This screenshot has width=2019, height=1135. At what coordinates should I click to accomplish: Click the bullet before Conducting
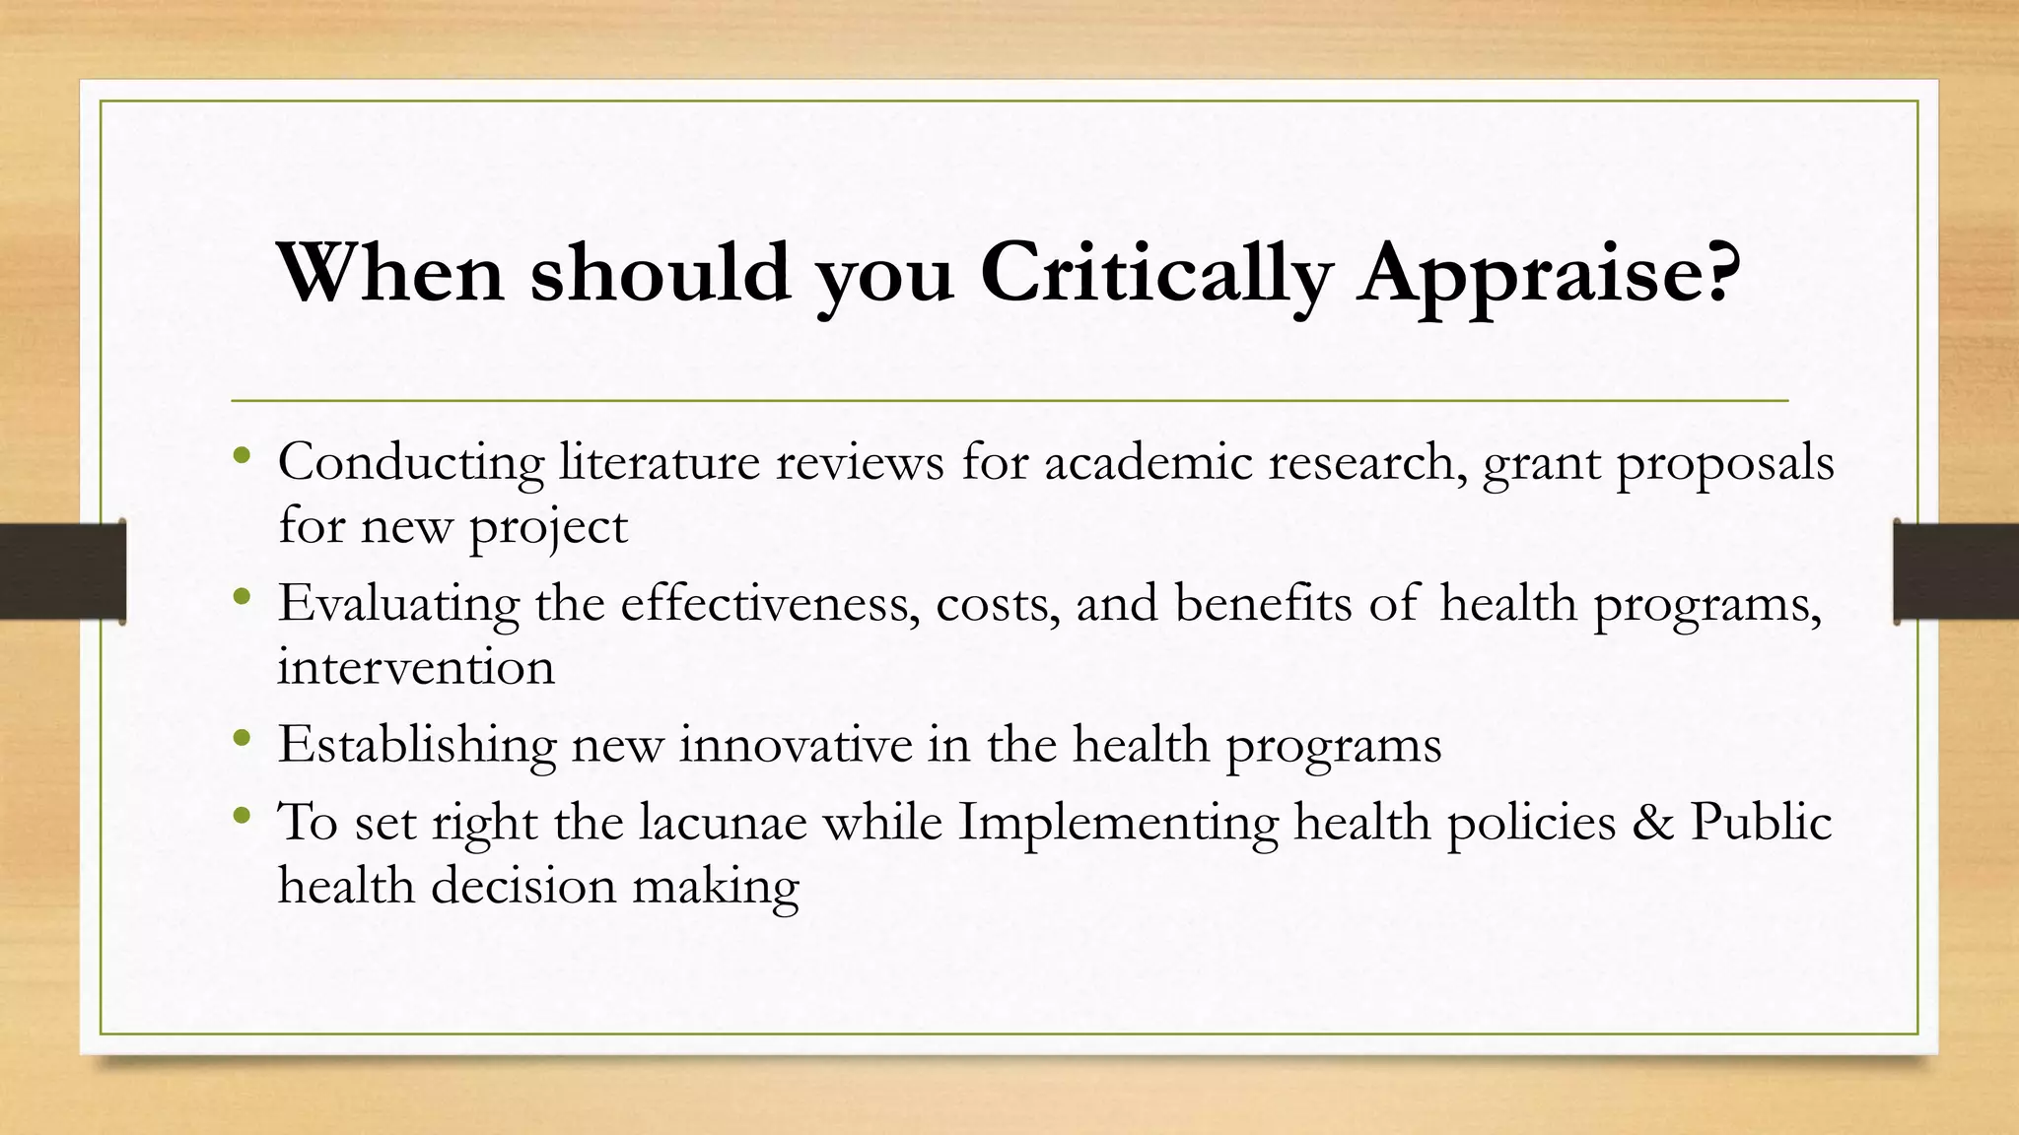(243, 455)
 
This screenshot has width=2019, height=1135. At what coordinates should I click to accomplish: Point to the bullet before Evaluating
(243, 596)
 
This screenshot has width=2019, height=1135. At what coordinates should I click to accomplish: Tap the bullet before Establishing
(243, 737)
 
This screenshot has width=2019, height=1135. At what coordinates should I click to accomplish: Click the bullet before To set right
(243, 815)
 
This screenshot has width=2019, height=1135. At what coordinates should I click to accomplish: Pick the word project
(547, 528)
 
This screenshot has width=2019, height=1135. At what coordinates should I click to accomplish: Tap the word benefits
(1263, 603)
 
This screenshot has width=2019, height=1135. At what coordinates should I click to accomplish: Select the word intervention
(415, 667)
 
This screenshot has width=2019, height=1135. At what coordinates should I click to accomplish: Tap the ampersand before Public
(1653, 822)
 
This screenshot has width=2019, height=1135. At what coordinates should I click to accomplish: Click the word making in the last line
(715, 887)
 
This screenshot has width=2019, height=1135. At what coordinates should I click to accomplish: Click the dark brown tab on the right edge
(1956, 571)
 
